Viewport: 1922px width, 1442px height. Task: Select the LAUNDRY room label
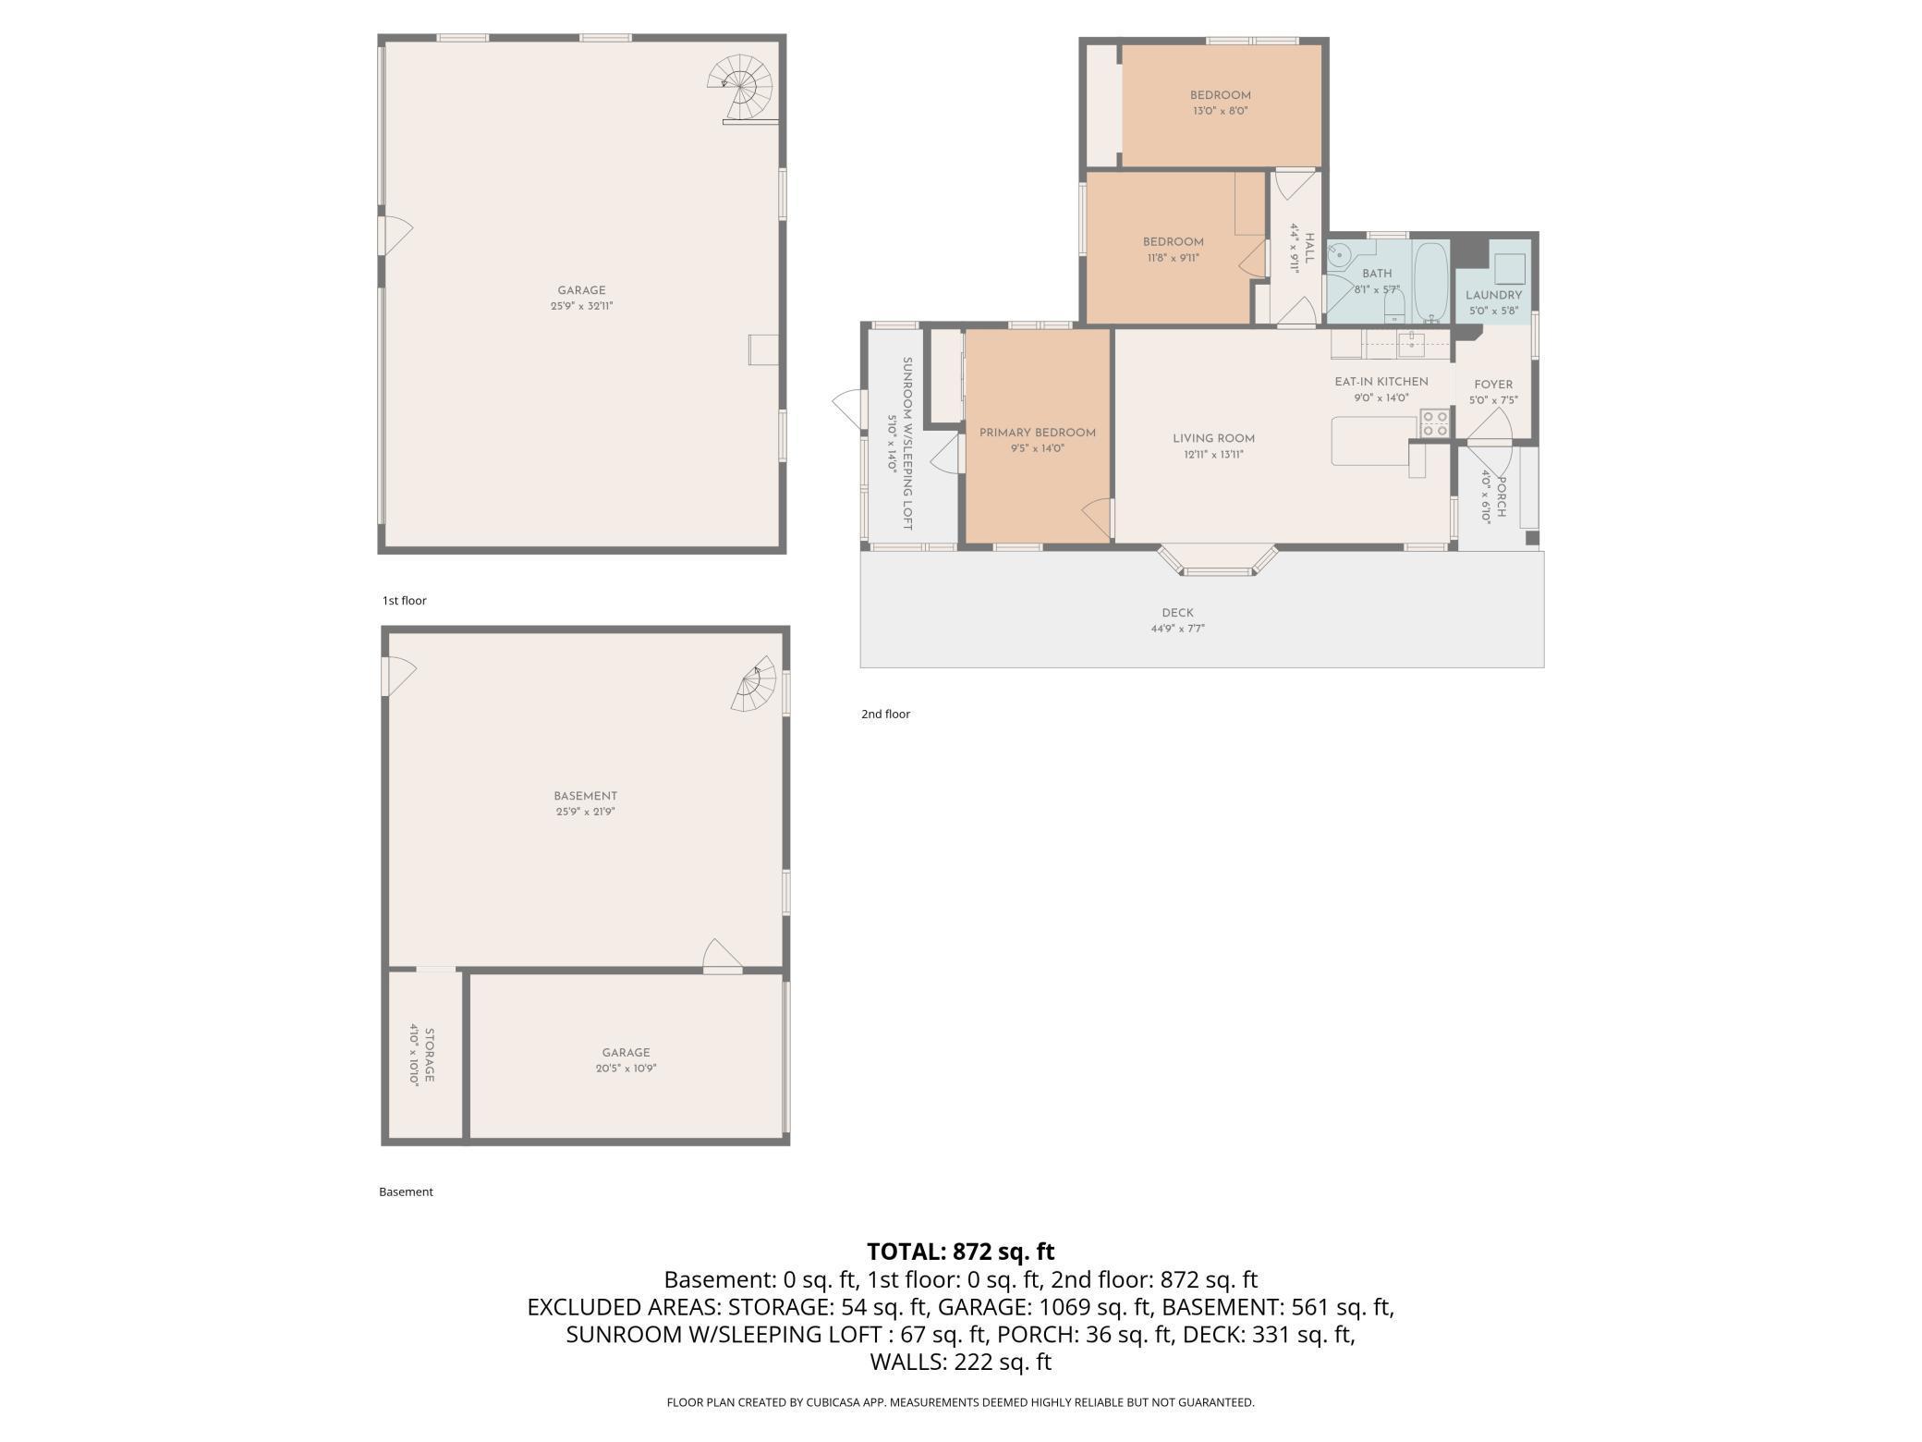click(1493, 295)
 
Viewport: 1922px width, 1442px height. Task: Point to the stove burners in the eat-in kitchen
click(1435, 423)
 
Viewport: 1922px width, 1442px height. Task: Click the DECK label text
click(1177, 613)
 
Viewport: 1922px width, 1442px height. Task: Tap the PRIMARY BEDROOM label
click(1037, 433)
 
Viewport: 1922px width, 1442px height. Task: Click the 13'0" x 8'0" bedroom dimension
click(1220, 111)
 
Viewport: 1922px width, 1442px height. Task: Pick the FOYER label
click(1493, 385)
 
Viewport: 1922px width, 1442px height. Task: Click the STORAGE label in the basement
click(430, 1055)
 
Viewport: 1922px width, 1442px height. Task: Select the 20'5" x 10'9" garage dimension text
click(626, 1069)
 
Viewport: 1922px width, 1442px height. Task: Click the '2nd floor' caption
click(885, 714)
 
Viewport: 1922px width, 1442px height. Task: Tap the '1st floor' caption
click(404, 601)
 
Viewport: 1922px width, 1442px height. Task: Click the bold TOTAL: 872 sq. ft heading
click(960, 1252)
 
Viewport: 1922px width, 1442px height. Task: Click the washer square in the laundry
click(1510, 268)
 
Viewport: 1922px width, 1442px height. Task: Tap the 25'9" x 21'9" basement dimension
click(585, 812)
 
